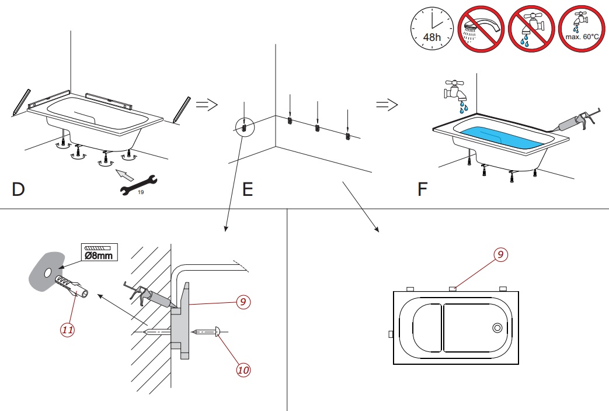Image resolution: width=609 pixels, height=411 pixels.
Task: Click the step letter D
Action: point(18,189)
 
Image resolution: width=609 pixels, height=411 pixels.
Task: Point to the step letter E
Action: point(248,189)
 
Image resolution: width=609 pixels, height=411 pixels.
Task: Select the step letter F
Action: point(423,189)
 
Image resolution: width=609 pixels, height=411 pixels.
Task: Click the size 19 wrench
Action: point(138,185)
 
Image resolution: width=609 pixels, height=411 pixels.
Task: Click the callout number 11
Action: point(68,330)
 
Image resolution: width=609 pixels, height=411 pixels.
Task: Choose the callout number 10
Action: point(243,369)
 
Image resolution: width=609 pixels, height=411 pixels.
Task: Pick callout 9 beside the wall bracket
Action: point(243,302)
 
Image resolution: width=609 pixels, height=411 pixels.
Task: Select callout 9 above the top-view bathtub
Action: point(500,254)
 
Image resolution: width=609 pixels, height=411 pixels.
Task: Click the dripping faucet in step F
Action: point(455,92)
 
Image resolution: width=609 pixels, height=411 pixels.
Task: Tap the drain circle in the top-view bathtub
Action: point(497,328)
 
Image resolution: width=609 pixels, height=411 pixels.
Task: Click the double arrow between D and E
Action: point(206,105)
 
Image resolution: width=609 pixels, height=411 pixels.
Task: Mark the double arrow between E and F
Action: point(387,105)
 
